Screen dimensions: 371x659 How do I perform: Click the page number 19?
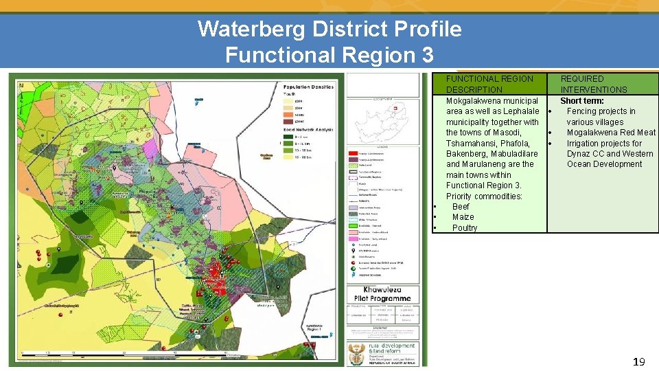pyautogui.click(x=638, y=361)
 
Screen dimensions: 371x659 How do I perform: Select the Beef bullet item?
pyautogui.click(x=461, y=207)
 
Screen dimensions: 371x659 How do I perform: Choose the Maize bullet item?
pyautogui.click(x=463, y=217)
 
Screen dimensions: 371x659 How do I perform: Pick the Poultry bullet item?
pyautogui.click(x=465, y=228)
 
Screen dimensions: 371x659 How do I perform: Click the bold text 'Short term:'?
pyautogui.click(x=582, y=101)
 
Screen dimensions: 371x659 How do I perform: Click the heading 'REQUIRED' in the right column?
pyautogui.click(x=582, y=79)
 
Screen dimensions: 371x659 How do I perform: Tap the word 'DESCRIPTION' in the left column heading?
pyautogui.click(x=474, y=90)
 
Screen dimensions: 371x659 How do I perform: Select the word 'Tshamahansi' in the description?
pyautogui.click(x=470, y=144)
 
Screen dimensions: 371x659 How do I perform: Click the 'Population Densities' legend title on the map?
pyautogui.click(x=308, y=87)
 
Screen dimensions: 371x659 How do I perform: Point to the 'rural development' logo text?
pyautogui.click(x=392, y=346)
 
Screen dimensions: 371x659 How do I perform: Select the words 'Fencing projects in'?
pyautogui.click(x=601, y=111)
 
